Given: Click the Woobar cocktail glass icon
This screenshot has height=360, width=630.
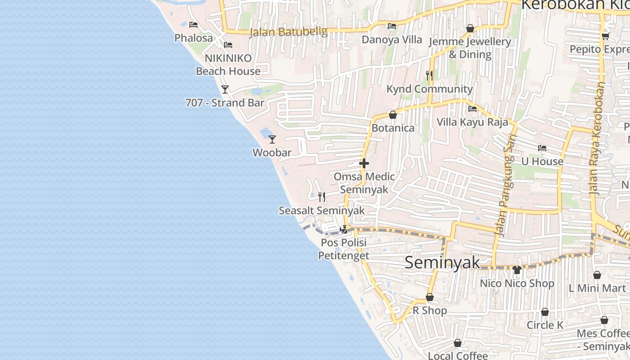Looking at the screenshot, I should pyautogui.click(x=272, y=139).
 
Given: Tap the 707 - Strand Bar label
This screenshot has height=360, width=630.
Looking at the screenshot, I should pyautogui.click(x=225, y=103).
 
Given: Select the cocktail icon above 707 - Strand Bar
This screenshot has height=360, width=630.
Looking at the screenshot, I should pyautogui.click(x=225, y=90).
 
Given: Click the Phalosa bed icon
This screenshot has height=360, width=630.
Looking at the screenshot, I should pyautogui.click(x=193, y=25).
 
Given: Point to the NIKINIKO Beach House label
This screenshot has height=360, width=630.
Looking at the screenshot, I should pyautogui.click(x=228, y=65).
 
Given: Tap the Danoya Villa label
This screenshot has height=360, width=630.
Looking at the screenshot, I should pyautogui.click(x=392, y=40).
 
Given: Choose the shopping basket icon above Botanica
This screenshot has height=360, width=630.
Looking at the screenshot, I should pyautogui.click(x=392, y=115).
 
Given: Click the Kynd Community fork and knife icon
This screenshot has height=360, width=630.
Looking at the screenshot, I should pyautogui.click(x=429, y=75).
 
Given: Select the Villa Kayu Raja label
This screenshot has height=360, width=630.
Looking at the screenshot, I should pyautogui.click(x=472, y=122).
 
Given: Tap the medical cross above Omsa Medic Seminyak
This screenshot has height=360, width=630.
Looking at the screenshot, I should pyautogui.click(x=364, y=163).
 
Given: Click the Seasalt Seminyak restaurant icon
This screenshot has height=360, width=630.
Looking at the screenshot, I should pyautogui.click(x=321, y=197).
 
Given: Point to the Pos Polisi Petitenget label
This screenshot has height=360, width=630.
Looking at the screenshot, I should pyautogui.click(x=343, y=249).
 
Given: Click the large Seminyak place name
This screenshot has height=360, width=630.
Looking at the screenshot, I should pyautogui.click(x=442, y=262).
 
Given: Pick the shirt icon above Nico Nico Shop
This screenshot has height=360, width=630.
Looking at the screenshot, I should pyautogui.click(x=517, y=270).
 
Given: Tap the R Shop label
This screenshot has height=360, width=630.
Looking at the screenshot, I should pyautogui.click(x=430, y=310).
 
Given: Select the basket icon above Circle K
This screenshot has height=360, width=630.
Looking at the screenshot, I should pyautogui.click(x=544, y=312).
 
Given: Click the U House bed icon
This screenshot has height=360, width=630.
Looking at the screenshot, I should pyautogui.click(x=542, y=148).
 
